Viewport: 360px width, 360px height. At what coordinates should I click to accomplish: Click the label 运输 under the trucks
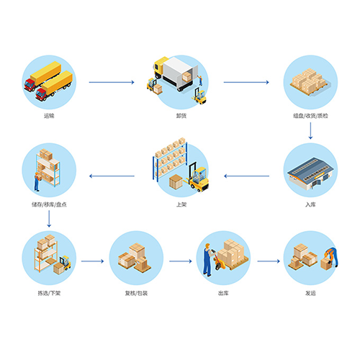pyautogui.click(x=49, y=116)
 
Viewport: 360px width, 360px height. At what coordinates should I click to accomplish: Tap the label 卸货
pyautogui.click(x=181, y=116)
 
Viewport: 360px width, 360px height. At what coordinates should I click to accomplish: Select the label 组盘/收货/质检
pyautogui.click(x=310, y=116)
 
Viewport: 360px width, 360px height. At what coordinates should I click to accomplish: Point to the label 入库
pyautogui.click(x=310, y=204)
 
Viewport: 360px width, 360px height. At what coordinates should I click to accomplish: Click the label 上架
pyautogui.click(x=181, y=204)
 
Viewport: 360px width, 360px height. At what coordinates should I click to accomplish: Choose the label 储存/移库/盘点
pyautogui.click(x=49, y=204)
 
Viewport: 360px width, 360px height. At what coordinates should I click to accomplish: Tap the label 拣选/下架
pyautogui.click(x=49, y=293)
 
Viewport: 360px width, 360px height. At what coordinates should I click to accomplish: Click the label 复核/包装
pyautogui.click(x=136, y=293)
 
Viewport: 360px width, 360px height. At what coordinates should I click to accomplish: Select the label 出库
pyautogui.click(x=223, y=293)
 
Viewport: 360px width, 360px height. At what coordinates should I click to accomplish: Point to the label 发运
pyautogui.click(x=310, y=293)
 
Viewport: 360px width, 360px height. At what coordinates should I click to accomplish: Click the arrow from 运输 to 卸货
pyautogui.click(x=112, y=82)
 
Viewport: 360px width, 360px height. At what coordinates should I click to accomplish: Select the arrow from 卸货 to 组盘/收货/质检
pyautogui.click(x=246, y=82)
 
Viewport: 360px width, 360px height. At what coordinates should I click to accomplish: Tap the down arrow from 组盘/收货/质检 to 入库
pyautogui.click(x=310, y=131)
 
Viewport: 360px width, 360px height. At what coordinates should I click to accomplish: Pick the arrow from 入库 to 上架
pyautogui.click(x=246, y=176)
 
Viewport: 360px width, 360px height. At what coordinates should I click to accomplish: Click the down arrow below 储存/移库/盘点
pyautogui.click(x=49, y=219)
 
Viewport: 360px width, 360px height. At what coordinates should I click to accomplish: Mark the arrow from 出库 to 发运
pyautogui.click(x=269, y=261)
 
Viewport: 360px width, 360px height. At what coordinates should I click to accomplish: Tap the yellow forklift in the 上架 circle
pyautogui.click(x=197, y=178)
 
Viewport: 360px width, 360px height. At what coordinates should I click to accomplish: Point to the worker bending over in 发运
pyautogui.click(x=331, y=257)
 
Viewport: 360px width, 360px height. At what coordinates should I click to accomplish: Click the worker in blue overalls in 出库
pyautogui.click(x=208, y=260)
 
